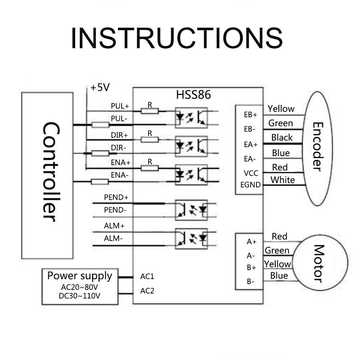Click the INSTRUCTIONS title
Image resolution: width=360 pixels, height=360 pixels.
(x=176, y=38)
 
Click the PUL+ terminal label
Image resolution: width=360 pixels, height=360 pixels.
(x=120, y=106)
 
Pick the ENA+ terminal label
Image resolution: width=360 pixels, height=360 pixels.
(x=120, y=163)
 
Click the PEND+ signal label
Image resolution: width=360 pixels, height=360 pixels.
(x=116, y=197)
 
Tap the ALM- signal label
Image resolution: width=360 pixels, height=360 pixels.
(x=114, y=238)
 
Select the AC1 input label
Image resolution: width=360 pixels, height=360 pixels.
(x=147, y=277)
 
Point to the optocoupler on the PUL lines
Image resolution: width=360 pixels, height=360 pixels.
(x=191, y=117)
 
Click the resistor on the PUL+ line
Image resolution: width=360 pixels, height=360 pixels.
(x=150, y=111)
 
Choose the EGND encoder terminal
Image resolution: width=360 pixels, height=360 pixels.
(x=251, y=185)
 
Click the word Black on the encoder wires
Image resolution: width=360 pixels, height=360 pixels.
(x=282, y=137)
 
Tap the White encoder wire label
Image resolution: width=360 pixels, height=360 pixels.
(x=283, y=180)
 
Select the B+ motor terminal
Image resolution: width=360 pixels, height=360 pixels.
(x=251, y=268)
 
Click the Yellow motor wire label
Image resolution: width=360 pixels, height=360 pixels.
(x=277, y=264)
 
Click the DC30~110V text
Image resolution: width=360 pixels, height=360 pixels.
(x=80, y=296)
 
